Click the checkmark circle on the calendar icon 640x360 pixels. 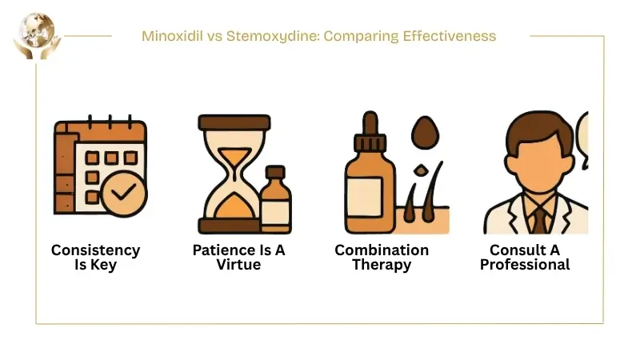124,193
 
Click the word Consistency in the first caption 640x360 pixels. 95,250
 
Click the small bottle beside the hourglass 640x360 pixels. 275,200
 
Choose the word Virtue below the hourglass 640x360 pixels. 238,265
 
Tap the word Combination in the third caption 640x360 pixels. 382,250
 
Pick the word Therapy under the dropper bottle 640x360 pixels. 382,265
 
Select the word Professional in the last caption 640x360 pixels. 525,265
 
